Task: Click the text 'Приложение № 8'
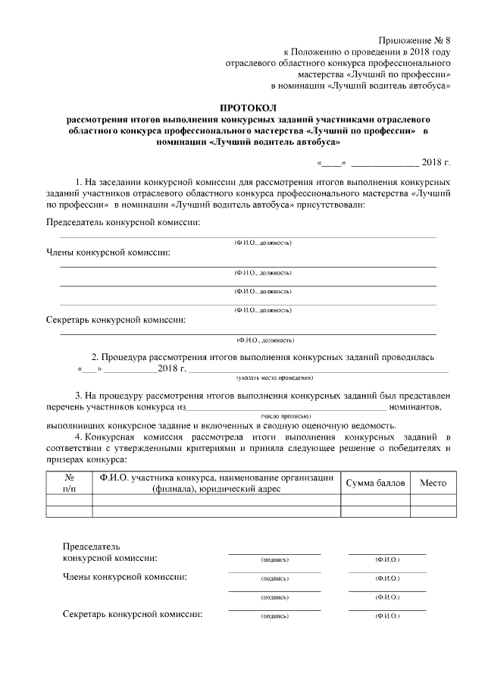click(417, 39)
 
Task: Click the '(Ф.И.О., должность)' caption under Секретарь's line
click(265, 340)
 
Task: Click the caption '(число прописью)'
click(286, 416)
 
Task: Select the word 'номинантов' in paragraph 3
click(415, 408)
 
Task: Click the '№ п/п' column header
click(69, 482)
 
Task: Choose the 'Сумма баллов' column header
click(376, 483)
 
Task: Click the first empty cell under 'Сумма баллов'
click(376, 499)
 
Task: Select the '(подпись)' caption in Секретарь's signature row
click(274, 617)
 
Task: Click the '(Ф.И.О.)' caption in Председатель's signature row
click(387, 559)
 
